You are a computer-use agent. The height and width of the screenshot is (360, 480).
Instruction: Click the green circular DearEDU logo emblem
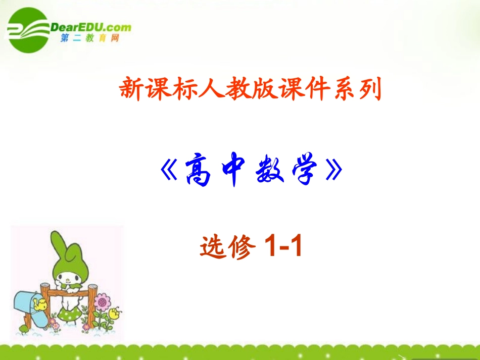pyautogui.click(x=28, y=31)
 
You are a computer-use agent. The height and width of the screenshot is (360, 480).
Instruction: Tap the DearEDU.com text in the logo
pyautogui.click(x=91, y=27)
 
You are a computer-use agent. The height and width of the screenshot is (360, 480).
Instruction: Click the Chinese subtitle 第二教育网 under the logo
pyautogui.click(x=89, y=38)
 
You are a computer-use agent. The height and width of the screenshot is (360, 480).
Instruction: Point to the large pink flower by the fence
pyautogui.click(x=103, y=303)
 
